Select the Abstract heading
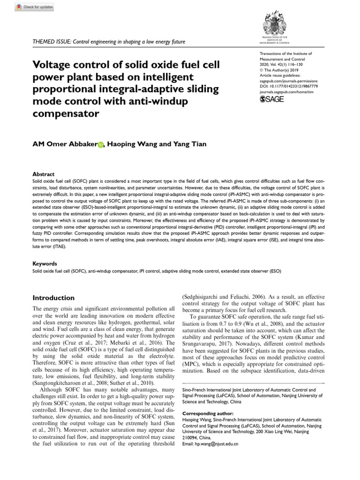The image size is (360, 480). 43,173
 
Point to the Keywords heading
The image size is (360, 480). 45,264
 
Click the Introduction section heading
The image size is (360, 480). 53,298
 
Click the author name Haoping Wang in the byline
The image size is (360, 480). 133,144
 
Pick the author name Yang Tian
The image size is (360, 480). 190,144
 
